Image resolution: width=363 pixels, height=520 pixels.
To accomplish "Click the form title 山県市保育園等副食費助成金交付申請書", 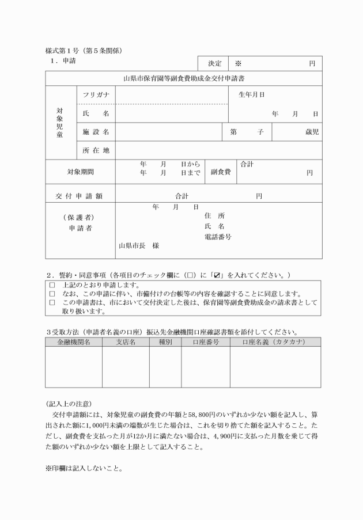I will [x=183, y=78].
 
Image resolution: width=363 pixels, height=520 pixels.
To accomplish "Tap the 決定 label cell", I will [x=214, y=63].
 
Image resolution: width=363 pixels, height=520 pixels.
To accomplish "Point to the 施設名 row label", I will [x=96, y=132].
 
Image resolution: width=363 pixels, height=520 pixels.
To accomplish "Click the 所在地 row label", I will [x=96, y=151].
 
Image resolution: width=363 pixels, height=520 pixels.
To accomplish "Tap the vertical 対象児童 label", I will [x=60, y=122].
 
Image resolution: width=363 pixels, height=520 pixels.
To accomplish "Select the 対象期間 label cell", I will [x=80, y=172].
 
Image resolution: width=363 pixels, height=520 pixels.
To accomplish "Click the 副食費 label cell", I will [x=221, y=172].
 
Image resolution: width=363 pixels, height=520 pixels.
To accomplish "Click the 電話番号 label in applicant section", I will [x=218, y=237].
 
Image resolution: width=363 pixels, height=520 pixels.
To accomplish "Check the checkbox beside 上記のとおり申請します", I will [x=52, y=285].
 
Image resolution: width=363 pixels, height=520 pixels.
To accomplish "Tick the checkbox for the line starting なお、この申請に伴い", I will [x=52, y=294].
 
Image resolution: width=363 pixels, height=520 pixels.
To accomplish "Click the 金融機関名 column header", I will [x=73, y=341].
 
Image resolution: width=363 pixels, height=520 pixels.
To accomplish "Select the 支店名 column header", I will [x=125, y=341].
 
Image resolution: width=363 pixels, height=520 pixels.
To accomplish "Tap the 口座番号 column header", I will [x=205, y=341].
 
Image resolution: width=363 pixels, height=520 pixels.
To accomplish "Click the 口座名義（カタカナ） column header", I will [x=275, y=341].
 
